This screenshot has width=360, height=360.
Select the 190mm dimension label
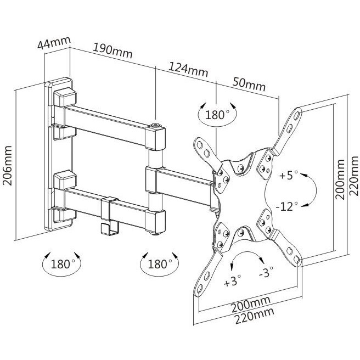[x=113, y=50]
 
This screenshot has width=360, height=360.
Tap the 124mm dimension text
[x=188, y=69]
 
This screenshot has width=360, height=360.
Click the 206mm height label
[x=7, y=165]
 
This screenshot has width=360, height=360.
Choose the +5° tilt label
[x=289, y=176]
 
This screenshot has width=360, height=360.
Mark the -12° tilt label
[x=287, y=206]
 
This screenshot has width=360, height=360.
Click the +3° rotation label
[x=233, y=280]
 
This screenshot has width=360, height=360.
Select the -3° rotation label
[x=266, y=272]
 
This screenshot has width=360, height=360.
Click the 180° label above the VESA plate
[x=217, y=115]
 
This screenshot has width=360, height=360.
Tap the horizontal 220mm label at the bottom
[x=255, y=316]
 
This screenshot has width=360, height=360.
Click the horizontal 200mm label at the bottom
[x=250, y=304]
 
